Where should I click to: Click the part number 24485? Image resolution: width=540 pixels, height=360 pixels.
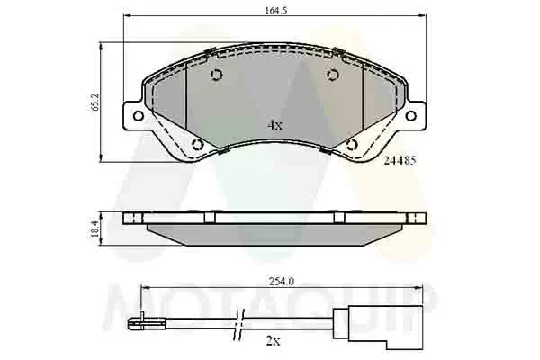pos(399,161)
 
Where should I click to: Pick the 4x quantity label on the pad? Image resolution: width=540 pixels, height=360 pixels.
pos(274,125)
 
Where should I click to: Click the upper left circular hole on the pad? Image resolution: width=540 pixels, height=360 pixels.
pos(216,76)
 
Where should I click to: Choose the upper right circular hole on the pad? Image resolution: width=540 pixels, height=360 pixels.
pos(332,75)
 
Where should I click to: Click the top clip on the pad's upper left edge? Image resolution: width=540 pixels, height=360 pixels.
pos(210,49)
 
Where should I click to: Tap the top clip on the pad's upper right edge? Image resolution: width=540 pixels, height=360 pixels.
pos(338,49)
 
